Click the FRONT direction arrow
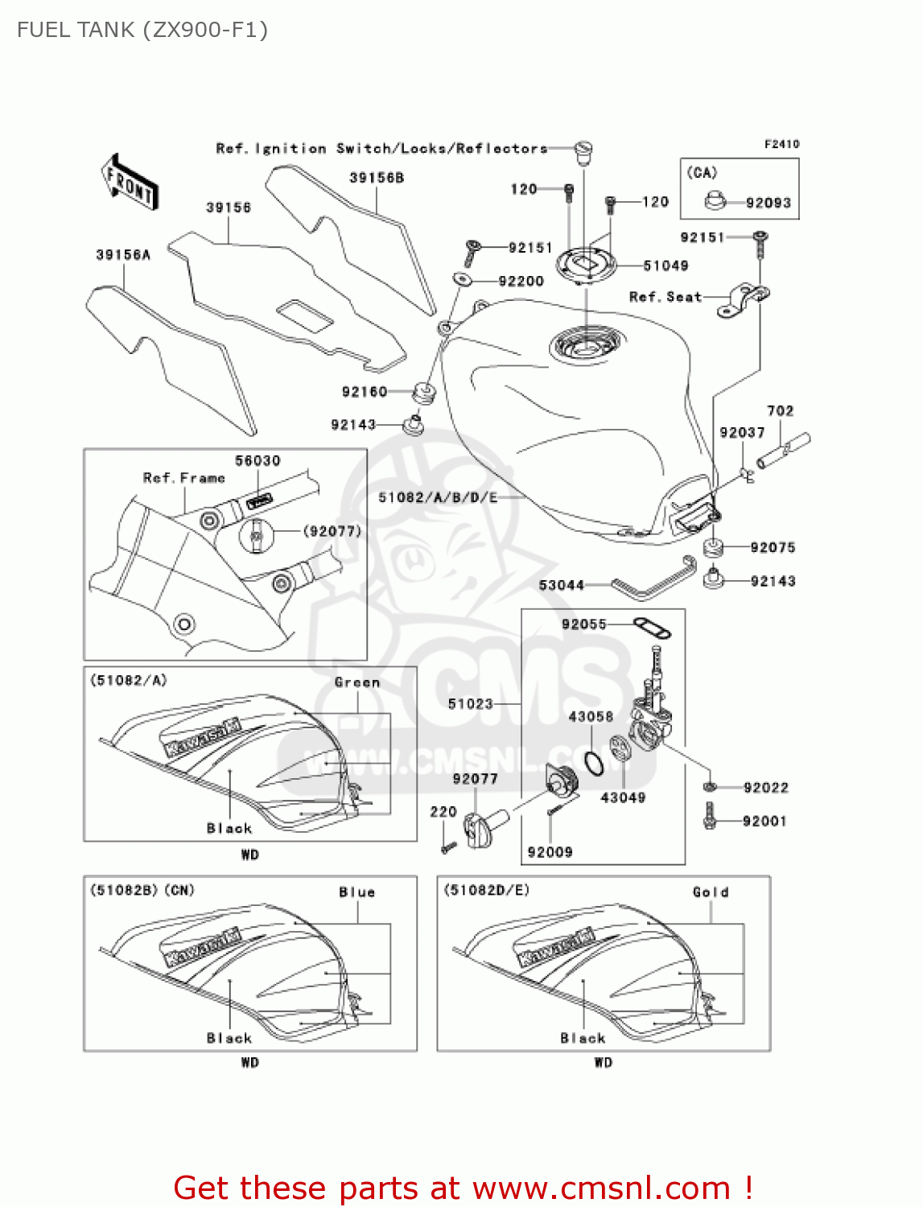[129, 183]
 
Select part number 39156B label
[376, 178]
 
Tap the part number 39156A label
[123, 255]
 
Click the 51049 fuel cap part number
[665, 266]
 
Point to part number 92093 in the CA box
[768, 203]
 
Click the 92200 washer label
[521, 281]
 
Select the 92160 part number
[365, 392]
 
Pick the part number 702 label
[780, 411]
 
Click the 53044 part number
[561, 585]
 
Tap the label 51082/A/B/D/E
[438, 497]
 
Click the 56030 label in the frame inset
[258, 461]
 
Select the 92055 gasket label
[583, 624]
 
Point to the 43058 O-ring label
[591, 716]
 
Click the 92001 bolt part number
[764, 822]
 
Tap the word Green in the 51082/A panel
[356, 682]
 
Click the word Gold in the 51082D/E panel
[710, 892]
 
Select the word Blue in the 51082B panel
[356, 892]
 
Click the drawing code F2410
[781, 144]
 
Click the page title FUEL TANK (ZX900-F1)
[142, 30]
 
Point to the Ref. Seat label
[665, 297]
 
